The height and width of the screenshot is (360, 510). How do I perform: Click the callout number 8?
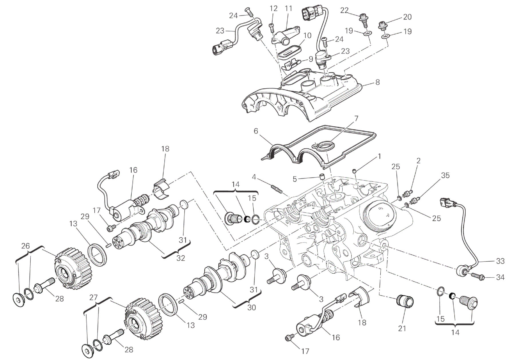pyautogui.click(x=377, y=82)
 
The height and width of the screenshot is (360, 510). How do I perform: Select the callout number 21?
pyautogui.click(x=402, y=329)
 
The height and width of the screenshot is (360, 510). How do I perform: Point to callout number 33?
pyautogui.click(x=500, y=261)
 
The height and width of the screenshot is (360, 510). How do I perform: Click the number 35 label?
pyautogui.click(x=446, y=175)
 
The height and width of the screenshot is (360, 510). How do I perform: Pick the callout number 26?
pyautogui.click(x=25, y=246)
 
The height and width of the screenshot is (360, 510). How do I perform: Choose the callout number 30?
pyautogui.click(x=252, y=307)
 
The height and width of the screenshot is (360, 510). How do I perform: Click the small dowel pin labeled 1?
pyautogui.click(x=355, y=171)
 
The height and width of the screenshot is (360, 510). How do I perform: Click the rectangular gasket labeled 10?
pyautogui.click(x=290, y=51)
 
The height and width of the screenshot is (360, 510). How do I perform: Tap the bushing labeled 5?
pyautogui.click(x=322, y=176)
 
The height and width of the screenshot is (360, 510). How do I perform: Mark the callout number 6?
pyautogui.click(x=256, y=131)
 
